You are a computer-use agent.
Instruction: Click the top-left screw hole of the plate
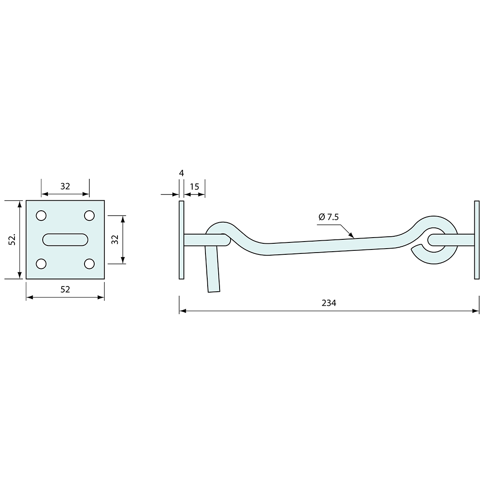41,216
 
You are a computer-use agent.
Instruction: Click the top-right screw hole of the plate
89,216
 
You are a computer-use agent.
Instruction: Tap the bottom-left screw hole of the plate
41,264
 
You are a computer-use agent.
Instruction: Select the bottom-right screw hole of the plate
89,264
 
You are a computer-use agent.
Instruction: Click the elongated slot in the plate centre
65,239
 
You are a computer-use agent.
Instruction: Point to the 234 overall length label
329,303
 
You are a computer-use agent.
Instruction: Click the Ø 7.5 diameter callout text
329,217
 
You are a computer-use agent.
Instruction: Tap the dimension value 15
194,187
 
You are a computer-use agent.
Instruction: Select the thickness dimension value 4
181,173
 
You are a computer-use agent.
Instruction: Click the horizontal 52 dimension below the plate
65,289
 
